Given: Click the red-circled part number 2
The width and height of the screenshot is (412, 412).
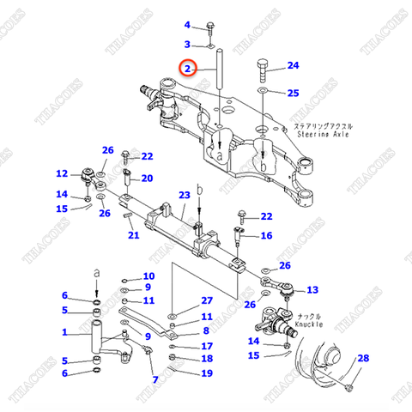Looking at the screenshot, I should coord(187,66).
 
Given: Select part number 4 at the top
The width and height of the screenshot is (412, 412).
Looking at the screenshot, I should coord(187,25).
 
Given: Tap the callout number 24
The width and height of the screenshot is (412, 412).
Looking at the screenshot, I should coord(293,65).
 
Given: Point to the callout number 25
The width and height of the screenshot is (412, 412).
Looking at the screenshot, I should coord(293,93).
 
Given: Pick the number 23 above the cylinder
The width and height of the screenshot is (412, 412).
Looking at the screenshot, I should coord(183,196).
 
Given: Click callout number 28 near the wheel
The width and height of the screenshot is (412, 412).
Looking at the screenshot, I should coord(362,358).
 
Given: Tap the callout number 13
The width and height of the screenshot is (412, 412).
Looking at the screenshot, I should coord(312,289).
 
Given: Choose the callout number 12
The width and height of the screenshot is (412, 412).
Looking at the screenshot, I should coord(63,173).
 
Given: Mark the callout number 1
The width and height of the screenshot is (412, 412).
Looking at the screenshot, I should coord(64,333).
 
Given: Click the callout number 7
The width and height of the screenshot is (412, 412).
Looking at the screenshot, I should coord(154,379).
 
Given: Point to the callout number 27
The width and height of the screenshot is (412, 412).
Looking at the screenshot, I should coord(206,300).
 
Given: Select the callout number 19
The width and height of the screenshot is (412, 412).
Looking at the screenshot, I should coord(206,373).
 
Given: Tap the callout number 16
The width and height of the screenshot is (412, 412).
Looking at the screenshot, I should coord(266,236).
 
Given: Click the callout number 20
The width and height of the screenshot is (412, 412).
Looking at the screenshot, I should coord(147,179).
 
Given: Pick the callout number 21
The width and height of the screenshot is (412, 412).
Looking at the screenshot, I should coord(132,236).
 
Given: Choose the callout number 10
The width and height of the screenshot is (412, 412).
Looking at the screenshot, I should coord(148,276).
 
